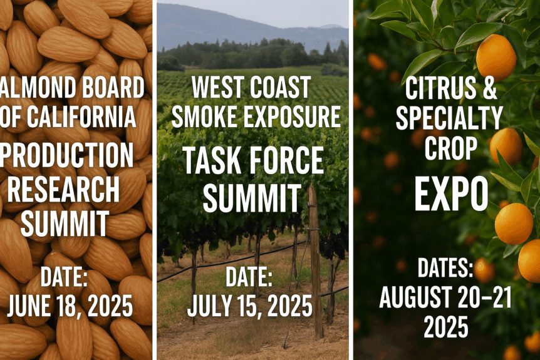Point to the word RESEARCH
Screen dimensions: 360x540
(63, 190)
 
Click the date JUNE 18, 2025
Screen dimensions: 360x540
(70, 306)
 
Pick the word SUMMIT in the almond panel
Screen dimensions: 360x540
(65, 224)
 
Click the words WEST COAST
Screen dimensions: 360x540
(251, 88)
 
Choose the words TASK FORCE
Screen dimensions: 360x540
(253, 162)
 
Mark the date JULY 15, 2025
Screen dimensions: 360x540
(249, 306)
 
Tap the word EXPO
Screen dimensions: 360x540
(451, 195)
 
